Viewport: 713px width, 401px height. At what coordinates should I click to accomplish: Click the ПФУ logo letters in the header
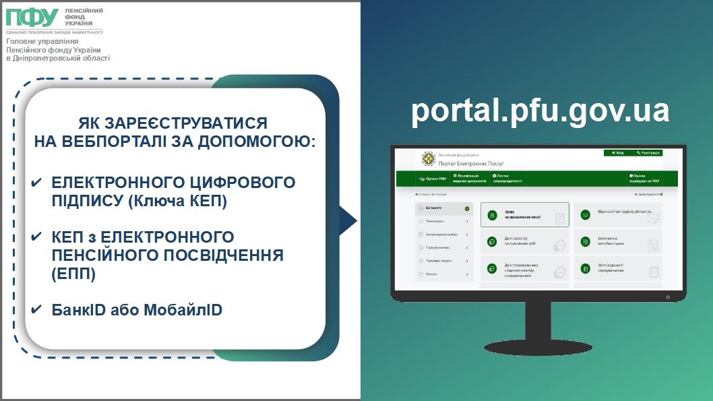click(x=32, y=17)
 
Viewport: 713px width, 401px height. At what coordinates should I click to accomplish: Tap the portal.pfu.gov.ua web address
click(x=540, y=111)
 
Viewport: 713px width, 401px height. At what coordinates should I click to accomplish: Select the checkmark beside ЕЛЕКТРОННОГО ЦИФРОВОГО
click(x=37, y=183)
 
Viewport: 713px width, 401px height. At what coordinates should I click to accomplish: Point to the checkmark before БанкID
click(x=37, y=310)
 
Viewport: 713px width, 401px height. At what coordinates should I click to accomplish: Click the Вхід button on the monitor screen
click(x=617, y=153)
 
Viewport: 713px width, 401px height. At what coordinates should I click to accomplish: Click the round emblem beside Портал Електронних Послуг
click(x=429, y=160)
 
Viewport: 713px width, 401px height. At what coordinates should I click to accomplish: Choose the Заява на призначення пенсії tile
click(x=524, y=215)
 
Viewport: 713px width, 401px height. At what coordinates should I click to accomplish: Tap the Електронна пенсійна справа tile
click(x=618, y=241)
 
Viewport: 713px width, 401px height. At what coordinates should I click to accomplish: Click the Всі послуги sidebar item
click(x=443, y=209)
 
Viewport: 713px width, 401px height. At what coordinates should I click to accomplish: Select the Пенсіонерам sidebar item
click(x=443, y=221)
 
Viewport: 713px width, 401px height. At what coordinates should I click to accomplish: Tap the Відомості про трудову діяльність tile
click(x=618, y=215)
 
